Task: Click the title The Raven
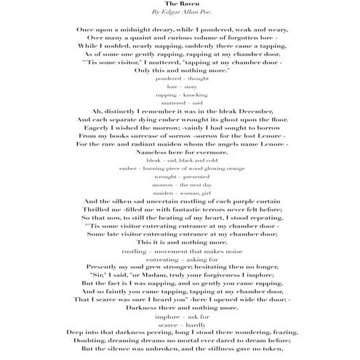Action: pyautogui.click(x=180, y=4)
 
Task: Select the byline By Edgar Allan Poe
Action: pyautogui.click(x=180, y=13)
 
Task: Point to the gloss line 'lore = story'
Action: pyautogui.click(x=180, y=85)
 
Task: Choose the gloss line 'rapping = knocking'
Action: pyautogui.click(x=180, y=95)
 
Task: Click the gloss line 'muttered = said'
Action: pyautogui.click(x=180, y=103)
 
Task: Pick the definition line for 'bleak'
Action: pyautogui.click(x=180, y=159)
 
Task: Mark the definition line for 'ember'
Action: pyautogui.click(x=180, y=168)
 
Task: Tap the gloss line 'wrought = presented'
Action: pyautogui.click(x=180, y=177)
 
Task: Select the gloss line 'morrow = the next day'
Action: pyautogui.click(x=180, y=185)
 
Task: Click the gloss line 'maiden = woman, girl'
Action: pyautogui.click(x=180, y=194)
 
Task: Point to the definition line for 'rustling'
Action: pyautogui.click(x=180, y=250)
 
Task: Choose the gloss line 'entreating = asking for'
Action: pyautogui.click(x=180, y=259)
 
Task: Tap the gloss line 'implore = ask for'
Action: pyautogui.click(x=180, y=317)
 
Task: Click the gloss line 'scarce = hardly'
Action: pyautogui.click(x=180, y=324)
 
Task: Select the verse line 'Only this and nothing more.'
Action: pyautogui.click(x=180, y=69)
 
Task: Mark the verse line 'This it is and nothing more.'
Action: pyautogui.click(x=180, y=241)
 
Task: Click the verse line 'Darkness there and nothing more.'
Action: pyautogui.click(x=180, y=308)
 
